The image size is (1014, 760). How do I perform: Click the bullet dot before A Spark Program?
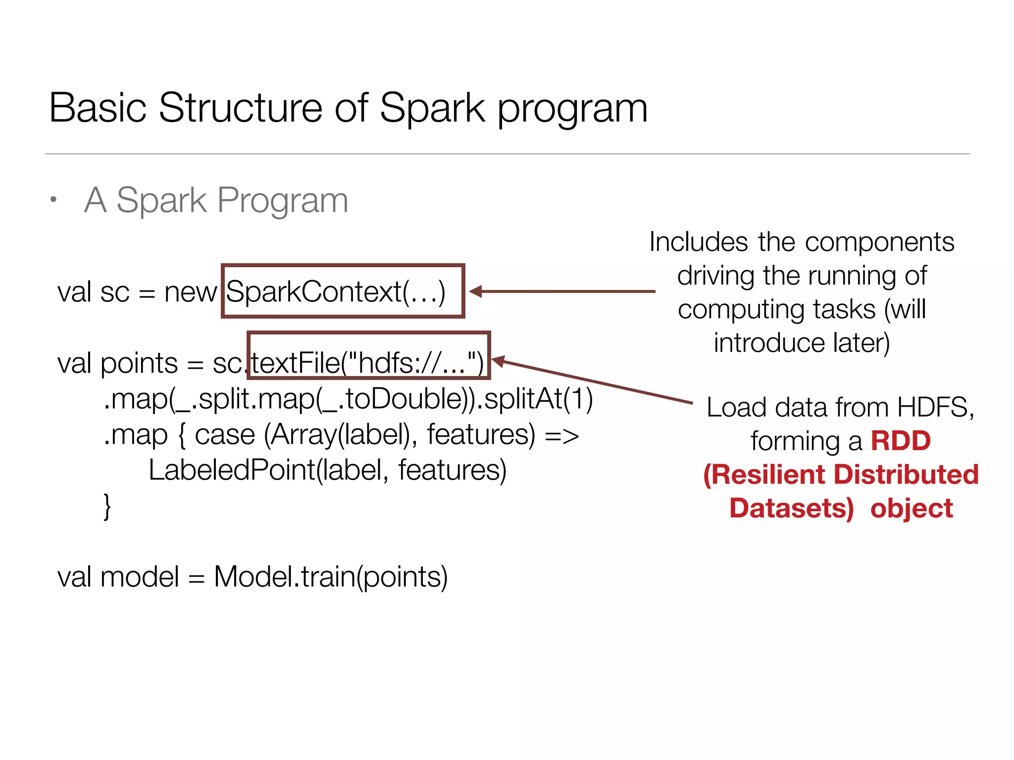pos(53,199)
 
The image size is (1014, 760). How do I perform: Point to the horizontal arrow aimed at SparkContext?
pos(562,291)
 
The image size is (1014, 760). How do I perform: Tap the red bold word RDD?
pos(901,440)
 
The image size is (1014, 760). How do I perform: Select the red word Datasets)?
pos(792,508)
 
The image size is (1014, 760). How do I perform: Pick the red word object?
pos(912,508)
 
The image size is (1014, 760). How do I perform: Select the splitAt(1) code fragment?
pos(538,399)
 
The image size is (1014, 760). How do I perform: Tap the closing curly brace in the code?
pos(107,506)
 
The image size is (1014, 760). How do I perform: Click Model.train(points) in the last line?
pos(331,577)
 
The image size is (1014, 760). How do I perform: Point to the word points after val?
pos(139,364)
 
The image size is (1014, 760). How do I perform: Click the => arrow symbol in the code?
pos(561,435)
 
